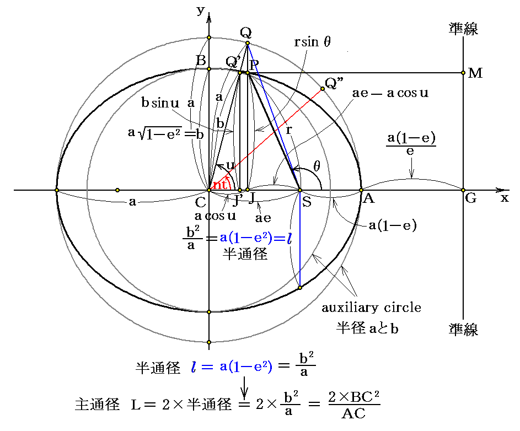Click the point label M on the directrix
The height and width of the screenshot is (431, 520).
475,73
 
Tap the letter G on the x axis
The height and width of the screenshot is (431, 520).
470,199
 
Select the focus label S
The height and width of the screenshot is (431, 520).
307,202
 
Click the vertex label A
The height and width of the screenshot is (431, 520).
368,200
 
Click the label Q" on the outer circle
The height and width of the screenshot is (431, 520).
333,83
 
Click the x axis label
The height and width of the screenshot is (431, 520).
505,198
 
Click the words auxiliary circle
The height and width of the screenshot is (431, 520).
372,308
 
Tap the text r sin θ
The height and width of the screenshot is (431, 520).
312,42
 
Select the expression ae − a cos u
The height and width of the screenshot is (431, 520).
390,93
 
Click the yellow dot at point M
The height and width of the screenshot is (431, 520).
463,73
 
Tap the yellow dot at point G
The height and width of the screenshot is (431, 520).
463,190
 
